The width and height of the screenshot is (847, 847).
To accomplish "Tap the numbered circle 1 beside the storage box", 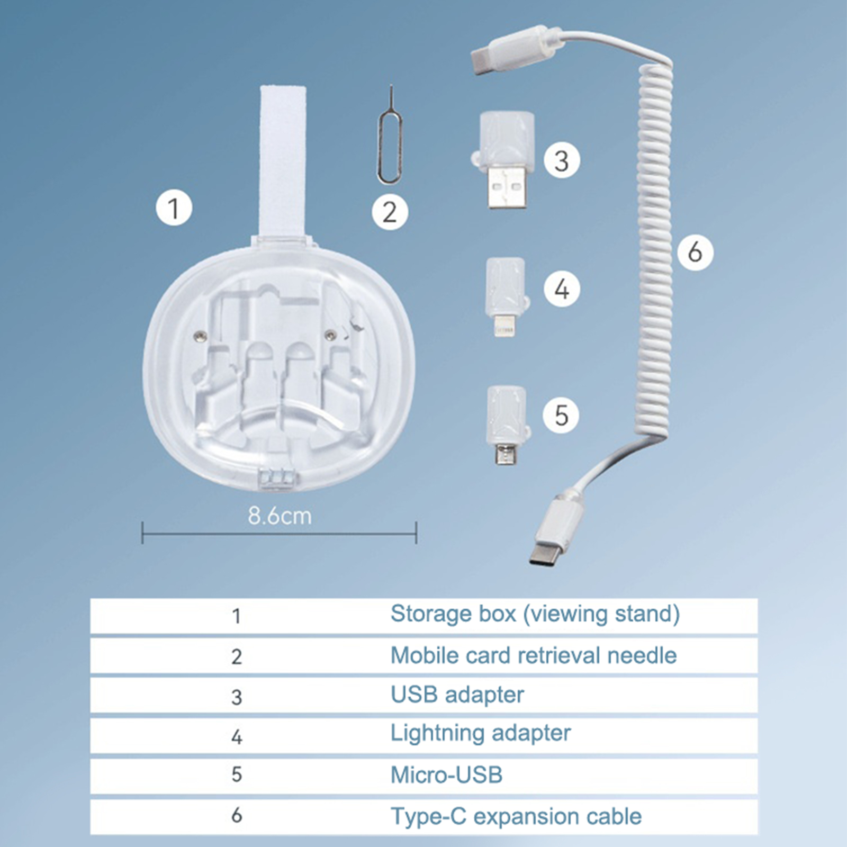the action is point(174,208).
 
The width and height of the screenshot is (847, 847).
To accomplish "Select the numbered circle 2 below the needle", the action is point(390,212).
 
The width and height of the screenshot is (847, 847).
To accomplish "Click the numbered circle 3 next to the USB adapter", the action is point(562,160).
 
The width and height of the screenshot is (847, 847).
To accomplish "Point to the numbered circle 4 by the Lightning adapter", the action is point(562,289).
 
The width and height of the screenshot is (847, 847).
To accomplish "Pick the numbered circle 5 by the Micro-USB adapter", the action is point(561,415).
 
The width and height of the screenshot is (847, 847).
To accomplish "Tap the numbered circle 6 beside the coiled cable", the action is point(695,251).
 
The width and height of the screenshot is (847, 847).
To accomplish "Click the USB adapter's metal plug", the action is point(507,188).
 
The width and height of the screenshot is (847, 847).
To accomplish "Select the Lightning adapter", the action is point(506,296).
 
